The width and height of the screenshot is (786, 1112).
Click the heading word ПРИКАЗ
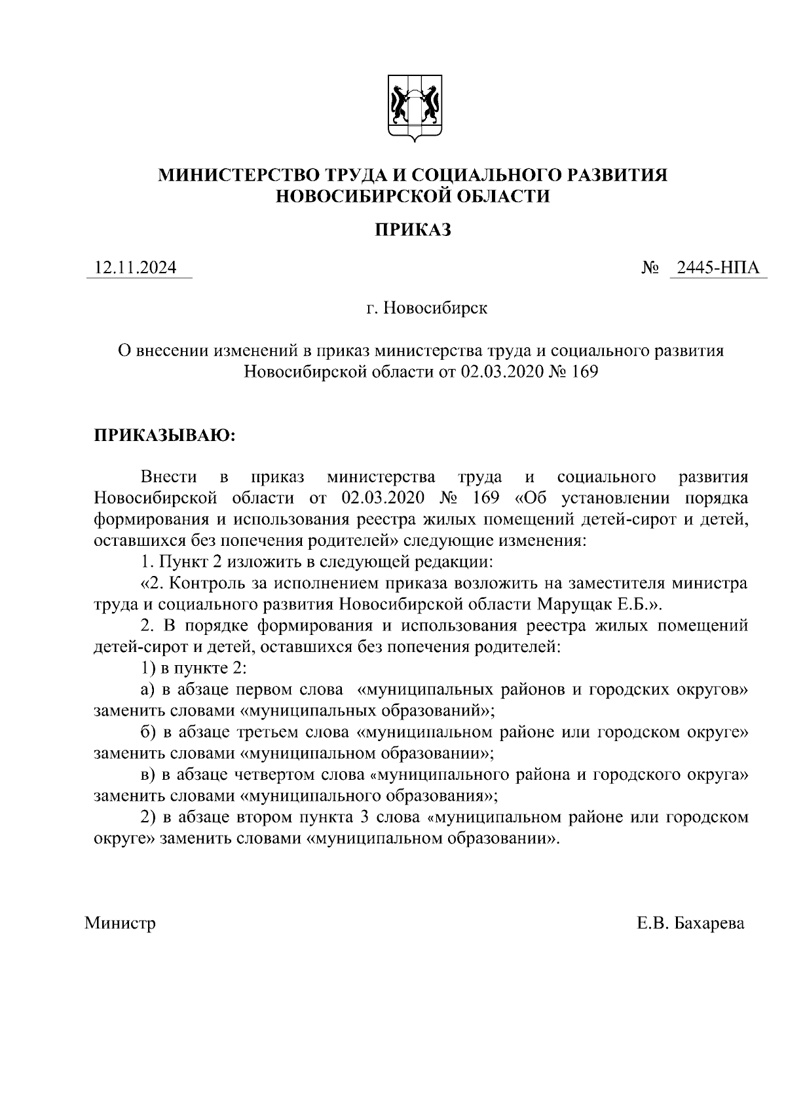point(413,230)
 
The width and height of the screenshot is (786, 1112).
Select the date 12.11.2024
point(136,268)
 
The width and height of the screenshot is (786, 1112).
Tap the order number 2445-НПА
point(718,268)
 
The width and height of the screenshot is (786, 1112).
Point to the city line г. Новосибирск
point(426,307)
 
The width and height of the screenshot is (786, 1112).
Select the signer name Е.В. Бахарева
point(690,924)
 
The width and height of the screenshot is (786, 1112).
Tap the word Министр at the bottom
point(121,924)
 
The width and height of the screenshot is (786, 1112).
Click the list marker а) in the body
point(147,690)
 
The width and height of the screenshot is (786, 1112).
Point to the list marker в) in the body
point(147,775)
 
